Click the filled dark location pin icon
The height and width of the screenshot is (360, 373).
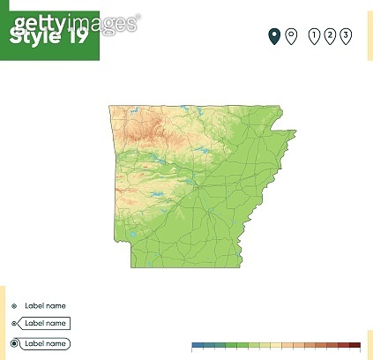[x=274, y=35]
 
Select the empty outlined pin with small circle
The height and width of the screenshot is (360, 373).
[x=289, y=35]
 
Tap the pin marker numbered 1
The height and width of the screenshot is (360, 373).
[x=315, y=35]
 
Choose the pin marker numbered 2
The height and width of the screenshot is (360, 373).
[x=330, y=35]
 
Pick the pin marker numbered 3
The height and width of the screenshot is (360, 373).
[x=345, y=35]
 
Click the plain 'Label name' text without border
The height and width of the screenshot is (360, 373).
[x=45, y=305]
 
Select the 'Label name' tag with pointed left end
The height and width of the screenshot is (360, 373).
[x=44, y=324]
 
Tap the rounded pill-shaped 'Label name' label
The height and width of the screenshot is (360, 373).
[x=44, y=343]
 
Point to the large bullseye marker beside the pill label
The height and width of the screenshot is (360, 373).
[x=14, y=343]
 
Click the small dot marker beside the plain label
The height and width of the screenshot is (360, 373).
[x=14, y=305]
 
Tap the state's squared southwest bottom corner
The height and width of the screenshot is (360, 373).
[x=131, y=266]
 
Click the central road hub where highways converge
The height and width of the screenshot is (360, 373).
[x=202, y=186]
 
